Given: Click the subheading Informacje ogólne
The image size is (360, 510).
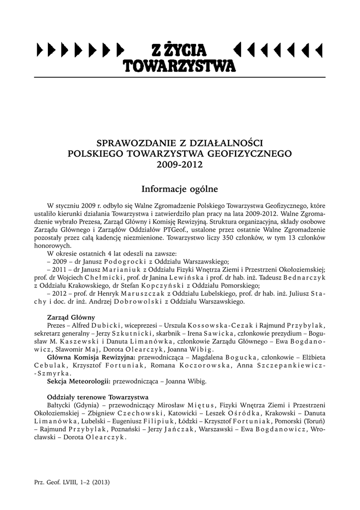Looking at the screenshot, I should (x=180, y=189).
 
